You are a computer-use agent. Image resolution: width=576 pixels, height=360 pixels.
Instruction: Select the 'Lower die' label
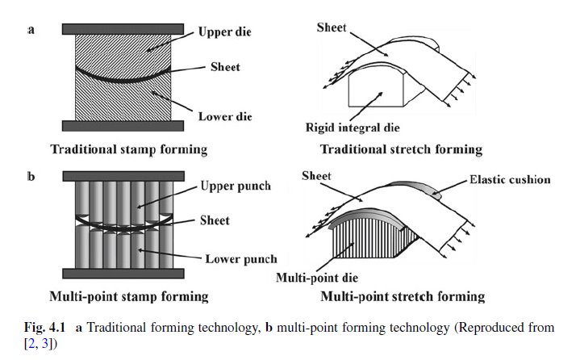(226, 116)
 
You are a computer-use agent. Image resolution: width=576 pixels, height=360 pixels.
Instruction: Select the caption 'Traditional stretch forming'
(401, 149)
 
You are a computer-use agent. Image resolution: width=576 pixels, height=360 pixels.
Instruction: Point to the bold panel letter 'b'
(31, 175)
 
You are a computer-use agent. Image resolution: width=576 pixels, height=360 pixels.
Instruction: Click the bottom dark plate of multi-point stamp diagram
(119, 273)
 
